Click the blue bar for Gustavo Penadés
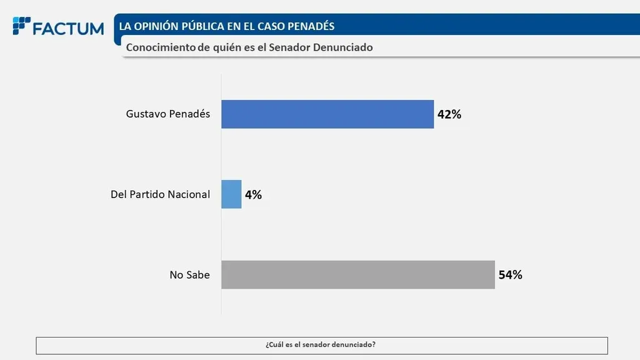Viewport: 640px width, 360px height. (x=327, y=114)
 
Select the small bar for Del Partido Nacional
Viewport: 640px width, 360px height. (x=231, y=194)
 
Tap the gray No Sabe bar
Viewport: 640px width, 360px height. (x=358, y=274)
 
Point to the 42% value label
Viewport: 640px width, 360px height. (x=449, y=115)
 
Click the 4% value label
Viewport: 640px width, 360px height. (x=253, y=195)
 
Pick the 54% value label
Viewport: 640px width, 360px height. (x=510, y=275)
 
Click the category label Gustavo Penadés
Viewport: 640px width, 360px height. (x=168, y=114)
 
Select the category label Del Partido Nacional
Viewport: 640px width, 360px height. (x=160, y=194)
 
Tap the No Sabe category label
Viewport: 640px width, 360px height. (x=189, y=275)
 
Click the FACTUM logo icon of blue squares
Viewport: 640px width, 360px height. (x=21, y=26)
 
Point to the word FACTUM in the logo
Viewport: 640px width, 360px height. (x=68, y=29)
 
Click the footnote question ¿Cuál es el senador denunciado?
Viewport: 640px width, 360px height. (x=321, y=345)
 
